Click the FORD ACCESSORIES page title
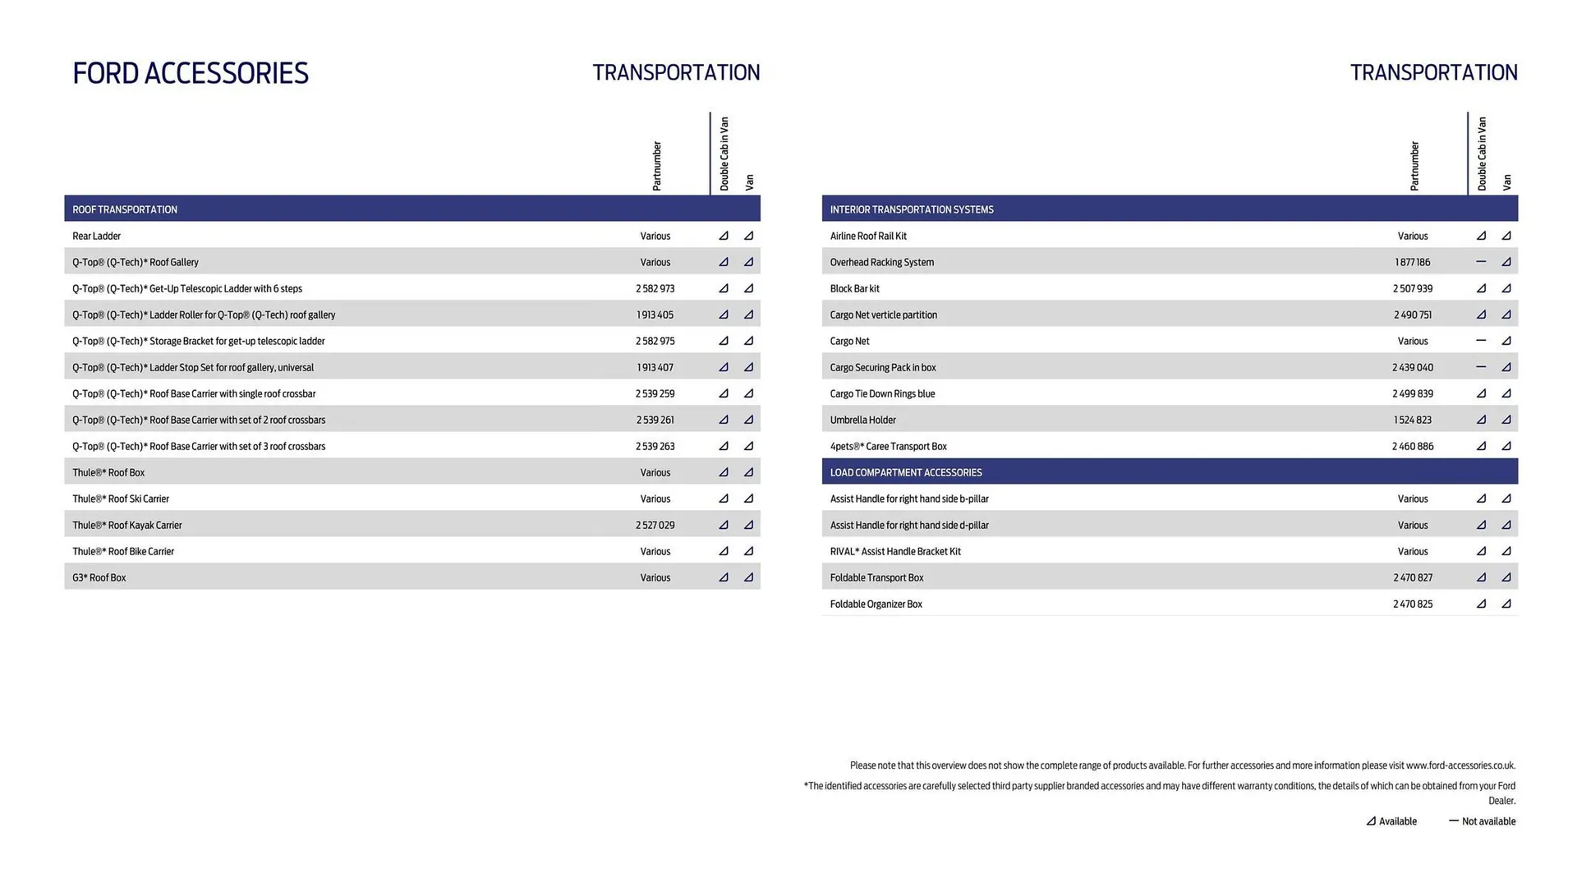(191, 73)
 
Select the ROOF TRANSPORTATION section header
(125, 209)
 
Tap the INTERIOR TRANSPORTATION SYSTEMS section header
(911, 209)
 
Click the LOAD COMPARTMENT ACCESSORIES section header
(905, 472)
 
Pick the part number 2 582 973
(655, 288)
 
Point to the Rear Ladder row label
(96, 236)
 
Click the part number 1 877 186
(1412, 262)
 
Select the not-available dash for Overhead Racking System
(1480, 262)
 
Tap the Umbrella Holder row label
(862, 420)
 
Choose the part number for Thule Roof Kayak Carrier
(655, 525)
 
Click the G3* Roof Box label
(99, 577)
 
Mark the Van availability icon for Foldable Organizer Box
(1506, 604)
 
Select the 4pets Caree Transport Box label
(888, 446)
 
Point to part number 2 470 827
(1412, 577)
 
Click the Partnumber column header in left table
(656, 166)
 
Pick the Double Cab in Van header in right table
(1482, 154)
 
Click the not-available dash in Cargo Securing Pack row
(1480, 367)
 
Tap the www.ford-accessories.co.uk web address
(1460, 765)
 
